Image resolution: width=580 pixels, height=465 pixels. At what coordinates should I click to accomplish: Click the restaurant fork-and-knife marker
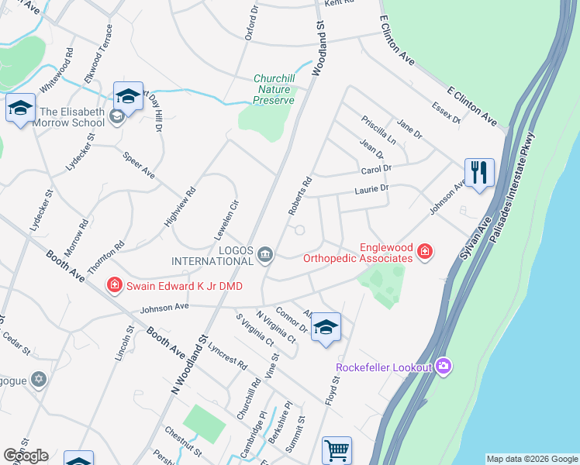[x=479, y=171]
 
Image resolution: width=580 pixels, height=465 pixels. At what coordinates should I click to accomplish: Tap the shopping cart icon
[x=337, y=449]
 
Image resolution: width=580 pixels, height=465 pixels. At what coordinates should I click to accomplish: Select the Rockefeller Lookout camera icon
[x=444, y=366]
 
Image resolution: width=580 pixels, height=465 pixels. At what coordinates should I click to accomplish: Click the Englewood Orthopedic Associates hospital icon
[x=424, y=252]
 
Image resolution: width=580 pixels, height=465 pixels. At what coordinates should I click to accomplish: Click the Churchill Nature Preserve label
[x=274, y=89]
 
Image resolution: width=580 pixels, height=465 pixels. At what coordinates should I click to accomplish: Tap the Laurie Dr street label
[x=371, y=188]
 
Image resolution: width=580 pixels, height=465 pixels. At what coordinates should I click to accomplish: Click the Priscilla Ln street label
[x=378, y=130]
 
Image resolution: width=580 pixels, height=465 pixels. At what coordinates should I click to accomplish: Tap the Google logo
[x=26, y=456]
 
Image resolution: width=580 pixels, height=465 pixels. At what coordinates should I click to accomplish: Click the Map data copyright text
[x=531, y=459]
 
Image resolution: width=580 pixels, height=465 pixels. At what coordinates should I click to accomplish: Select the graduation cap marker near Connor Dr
[x=326, y=327]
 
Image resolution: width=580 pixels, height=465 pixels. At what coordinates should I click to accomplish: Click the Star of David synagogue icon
[x=39, y=380]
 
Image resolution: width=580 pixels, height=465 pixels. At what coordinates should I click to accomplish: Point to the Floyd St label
[x=336, y=391]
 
